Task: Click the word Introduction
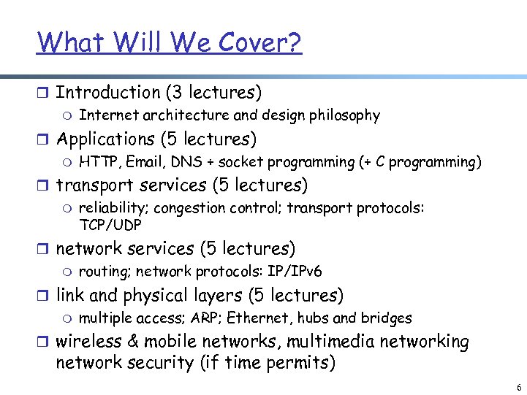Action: coord(108,93)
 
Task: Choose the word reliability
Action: coord(113,208)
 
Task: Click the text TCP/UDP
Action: coord(110,225)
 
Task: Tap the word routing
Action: coord(102,272)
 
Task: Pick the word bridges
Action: coord(387,318)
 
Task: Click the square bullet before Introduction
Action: coord(42,93)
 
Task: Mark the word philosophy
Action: coord(344,115)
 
